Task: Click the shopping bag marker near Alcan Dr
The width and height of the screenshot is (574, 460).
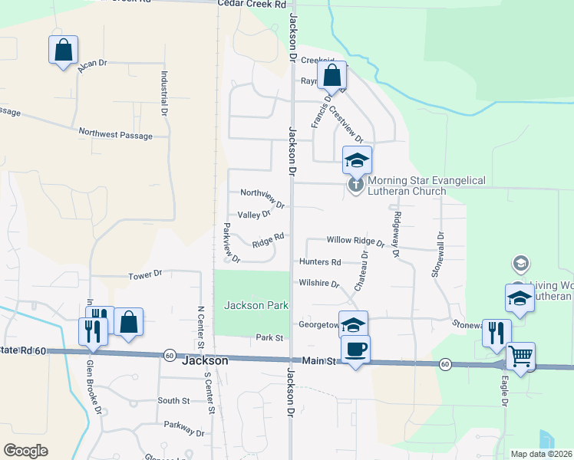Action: click(63, 51)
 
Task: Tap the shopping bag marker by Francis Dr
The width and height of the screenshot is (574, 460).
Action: click(332, 76)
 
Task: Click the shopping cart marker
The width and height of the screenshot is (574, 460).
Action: click(521, 356)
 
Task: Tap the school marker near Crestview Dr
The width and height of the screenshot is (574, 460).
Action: click(357, 160)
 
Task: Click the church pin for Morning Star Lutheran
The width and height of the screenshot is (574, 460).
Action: click(355, 185)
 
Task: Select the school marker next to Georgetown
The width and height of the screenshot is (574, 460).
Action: click(353, 325)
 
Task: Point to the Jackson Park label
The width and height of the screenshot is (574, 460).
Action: click(256, 305)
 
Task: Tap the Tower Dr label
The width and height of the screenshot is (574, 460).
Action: click(146, 274)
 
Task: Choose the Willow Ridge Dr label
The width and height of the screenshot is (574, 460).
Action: click(355, 240)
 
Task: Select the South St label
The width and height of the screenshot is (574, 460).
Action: click(173, 400)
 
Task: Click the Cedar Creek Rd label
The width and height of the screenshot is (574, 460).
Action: click(252, 4)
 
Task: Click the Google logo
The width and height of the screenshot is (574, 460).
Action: click(25, 451)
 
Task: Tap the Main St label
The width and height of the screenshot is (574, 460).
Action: click(317, 360)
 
